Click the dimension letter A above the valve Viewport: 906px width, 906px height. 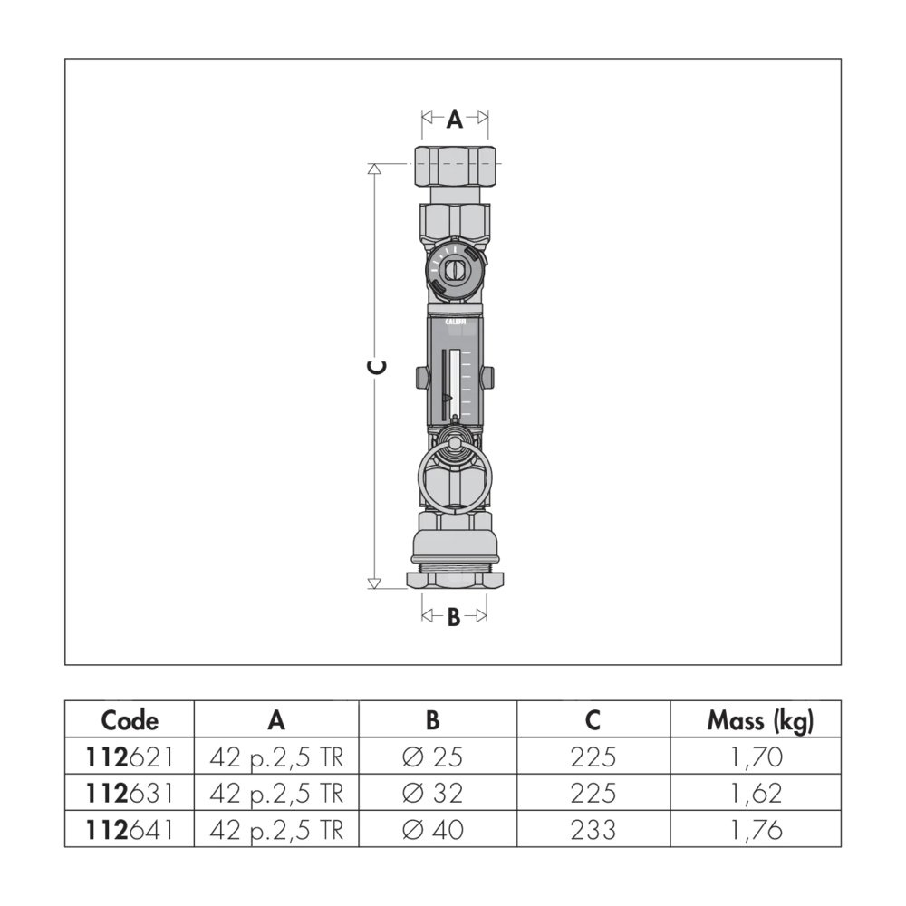pyautogui.click(x=455, y=119)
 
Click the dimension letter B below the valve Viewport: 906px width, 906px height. pyautogui.click(x=454, y=617)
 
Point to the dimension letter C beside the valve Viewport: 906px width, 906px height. pyautogui.click(x=377, y=367)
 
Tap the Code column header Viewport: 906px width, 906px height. pyautogui.click(x=130, y=720)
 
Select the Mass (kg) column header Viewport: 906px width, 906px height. pyautogui.click(x=760, y=720)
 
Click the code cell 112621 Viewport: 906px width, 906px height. pyautogui.click(x=130, y=757)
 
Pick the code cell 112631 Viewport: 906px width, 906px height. pyautogui.click(x=130, y=794)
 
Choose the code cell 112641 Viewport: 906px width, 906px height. pyautogui.click(x=130, y=830)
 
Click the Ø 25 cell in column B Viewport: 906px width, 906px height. pyautogui.click(x=432, y=757)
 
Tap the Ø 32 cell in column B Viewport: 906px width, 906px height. pyautogui.click(x=432, y=794)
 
